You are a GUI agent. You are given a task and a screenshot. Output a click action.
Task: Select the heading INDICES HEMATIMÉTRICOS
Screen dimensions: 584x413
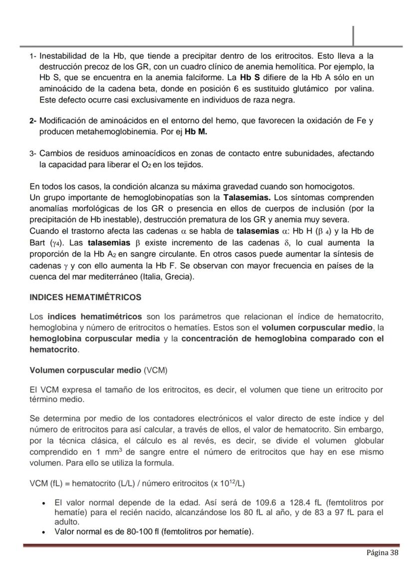coord(85,297)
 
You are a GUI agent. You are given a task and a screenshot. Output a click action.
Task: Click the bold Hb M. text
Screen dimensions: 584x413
coord(196,132)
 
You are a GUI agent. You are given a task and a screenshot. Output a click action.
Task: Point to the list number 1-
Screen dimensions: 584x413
coord(33,56)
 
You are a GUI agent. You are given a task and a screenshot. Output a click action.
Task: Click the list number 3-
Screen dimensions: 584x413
coord(33,154)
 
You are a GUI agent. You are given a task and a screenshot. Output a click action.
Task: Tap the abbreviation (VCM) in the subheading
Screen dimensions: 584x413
coord(155,371)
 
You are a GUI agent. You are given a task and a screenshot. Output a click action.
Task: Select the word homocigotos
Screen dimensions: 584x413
coord(331,187)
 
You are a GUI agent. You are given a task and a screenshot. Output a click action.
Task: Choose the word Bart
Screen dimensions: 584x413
coord(38,243)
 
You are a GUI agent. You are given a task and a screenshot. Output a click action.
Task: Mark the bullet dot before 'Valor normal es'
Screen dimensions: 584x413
coord(45,532)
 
